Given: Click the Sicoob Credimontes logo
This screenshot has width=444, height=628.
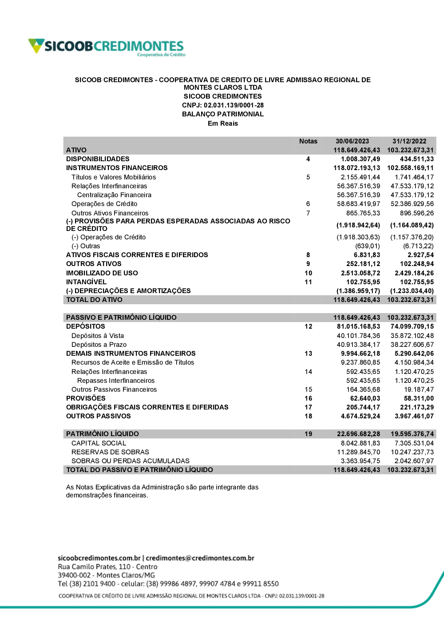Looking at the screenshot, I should pyautogui.click(x=107, y=47).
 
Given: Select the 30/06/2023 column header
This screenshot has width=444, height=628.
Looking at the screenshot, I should pyautogui.click(x=352, y=141).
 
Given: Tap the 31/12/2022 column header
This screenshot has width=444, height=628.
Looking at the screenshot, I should pyautogui.click(x=409, y=141).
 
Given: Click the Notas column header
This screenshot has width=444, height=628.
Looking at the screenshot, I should pyautogui.click(x=308, y=141).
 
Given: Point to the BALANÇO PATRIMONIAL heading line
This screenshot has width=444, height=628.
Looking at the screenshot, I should pyautogui.click(x=223, y=114).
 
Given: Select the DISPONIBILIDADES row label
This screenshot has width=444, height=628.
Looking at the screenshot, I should pyautogui.click(x=98, y=159).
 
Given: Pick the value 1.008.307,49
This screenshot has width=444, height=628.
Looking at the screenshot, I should pyautogui.click(x=361, y=159).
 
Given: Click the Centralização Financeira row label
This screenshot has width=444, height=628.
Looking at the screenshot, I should pyautogui.click(x=114, y=195).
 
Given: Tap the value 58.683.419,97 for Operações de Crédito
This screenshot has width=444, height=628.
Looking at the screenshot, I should pyautogui.click(x=358, y=204).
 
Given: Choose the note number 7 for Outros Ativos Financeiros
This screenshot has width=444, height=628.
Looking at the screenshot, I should pyautogui.click(x=308, y=213).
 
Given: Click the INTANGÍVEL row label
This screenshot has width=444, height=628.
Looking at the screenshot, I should pyautogui.click(x=86, y=282).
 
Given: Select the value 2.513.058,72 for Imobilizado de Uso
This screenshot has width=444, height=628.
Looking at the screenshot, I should pyautogui.click(x=361, y=273).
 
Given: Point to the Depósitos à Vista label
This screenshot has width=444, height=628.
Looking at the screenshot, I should pyautogui.click(x=98, y=336).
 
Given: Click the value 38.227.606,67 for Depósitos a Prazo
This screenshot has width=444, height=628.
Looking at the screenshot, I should pyautogui.click(x=412, y=345).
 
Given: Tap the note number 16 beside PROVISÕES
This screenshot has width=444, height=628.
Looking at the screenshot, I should pyautogui.click(x=308, y=398).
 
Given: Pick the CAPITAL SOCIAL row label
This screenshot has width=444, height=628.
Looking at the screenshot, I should pyautogui.click(x=99, y=443).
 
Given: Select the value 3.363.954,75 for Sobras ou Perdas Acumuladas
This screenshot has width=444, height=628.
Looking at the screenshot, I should pyautogui.click(x=361, y=461).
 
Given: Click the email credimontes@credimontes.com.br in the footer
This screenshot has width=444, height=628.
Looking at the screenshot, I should pyautogui.click(x=200, y=558).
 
